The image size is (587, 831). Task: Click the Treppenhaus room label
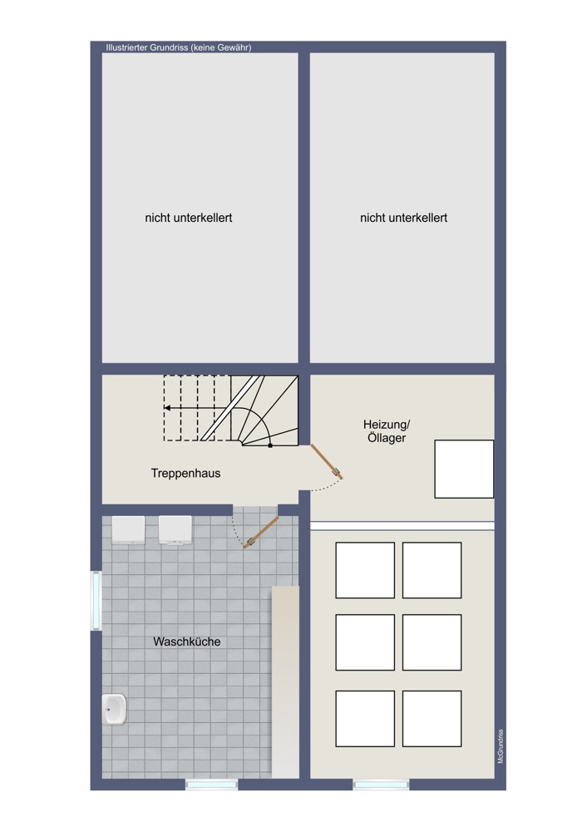tap(185, 474)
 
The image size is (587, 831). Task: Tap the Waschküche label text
tap(186, 642)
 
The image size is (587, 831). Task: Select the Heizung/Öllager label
tap(387, 431)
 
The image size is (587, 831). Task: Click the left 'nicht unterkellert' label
tap(189, 218)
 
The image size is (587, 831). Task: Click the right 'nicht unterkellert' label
tap(403, 218)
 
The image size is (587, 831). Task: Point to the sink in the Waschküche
tap(115, 709)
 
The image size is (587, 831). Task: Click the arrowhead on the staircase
tap(167, 408)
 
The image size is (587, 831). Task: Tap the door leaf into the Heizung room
tap(326, 461)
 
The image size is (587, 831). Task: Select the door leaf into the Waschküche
tap(261, 533)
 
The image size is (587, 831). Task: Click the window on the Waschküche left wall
tap(96, 601)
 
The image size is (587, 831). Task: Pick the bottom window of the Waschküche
tap(211, 784)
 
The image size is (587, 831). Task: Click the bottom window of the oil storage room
tap(382, 784)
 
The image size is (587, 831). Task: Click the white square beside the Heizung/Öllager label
tap(464, 469)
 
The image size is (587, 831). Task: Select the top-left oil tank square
tap(365, 570)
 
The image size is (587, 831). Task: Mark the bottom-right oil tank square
tap(432, 719)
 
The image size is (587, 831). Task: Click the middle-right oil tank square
tap(432, 642)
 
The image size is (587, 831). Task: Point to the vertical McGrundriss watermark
tap(501, 746)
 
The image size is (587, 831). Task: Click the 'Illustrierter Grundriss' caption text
tap(179, 47)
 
